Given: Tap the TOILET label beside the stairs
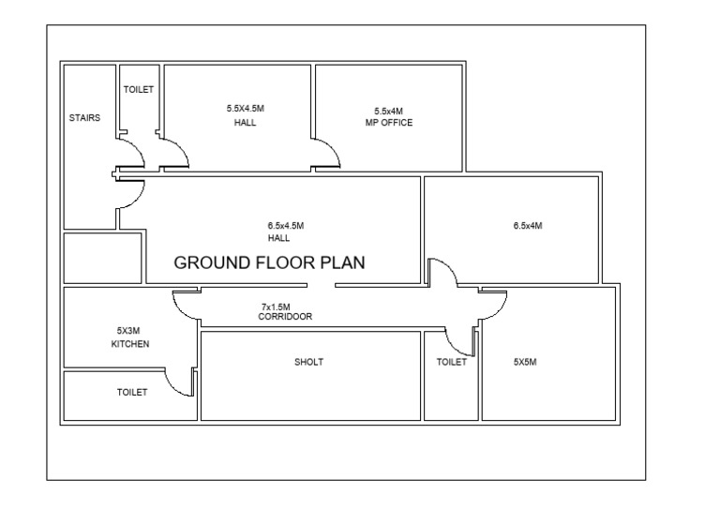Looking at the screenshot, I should coord(138,90).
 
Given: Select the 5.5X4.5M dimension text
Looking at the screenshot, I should coord(246,109).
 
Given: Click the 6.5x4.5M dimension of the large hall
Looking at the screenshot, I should coord(285,226).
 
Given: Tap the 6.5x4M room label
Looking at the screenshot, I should coord(529,226).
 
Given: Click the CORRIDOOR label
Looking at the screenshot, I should coord(285,318).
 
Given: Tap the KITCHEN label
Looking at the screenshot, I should coord(128,344).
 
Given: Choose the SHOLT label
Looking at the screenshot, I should coord(308,363).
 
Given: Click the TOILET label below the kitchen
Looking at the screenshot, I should coord(131,393).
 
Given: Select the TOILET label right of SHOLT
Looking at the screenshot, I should coord(451,363).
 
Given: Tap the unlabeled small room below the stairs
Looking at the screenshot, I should coord(102,258).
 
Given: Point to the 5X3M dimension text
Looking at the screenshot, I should coord(128,331).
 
